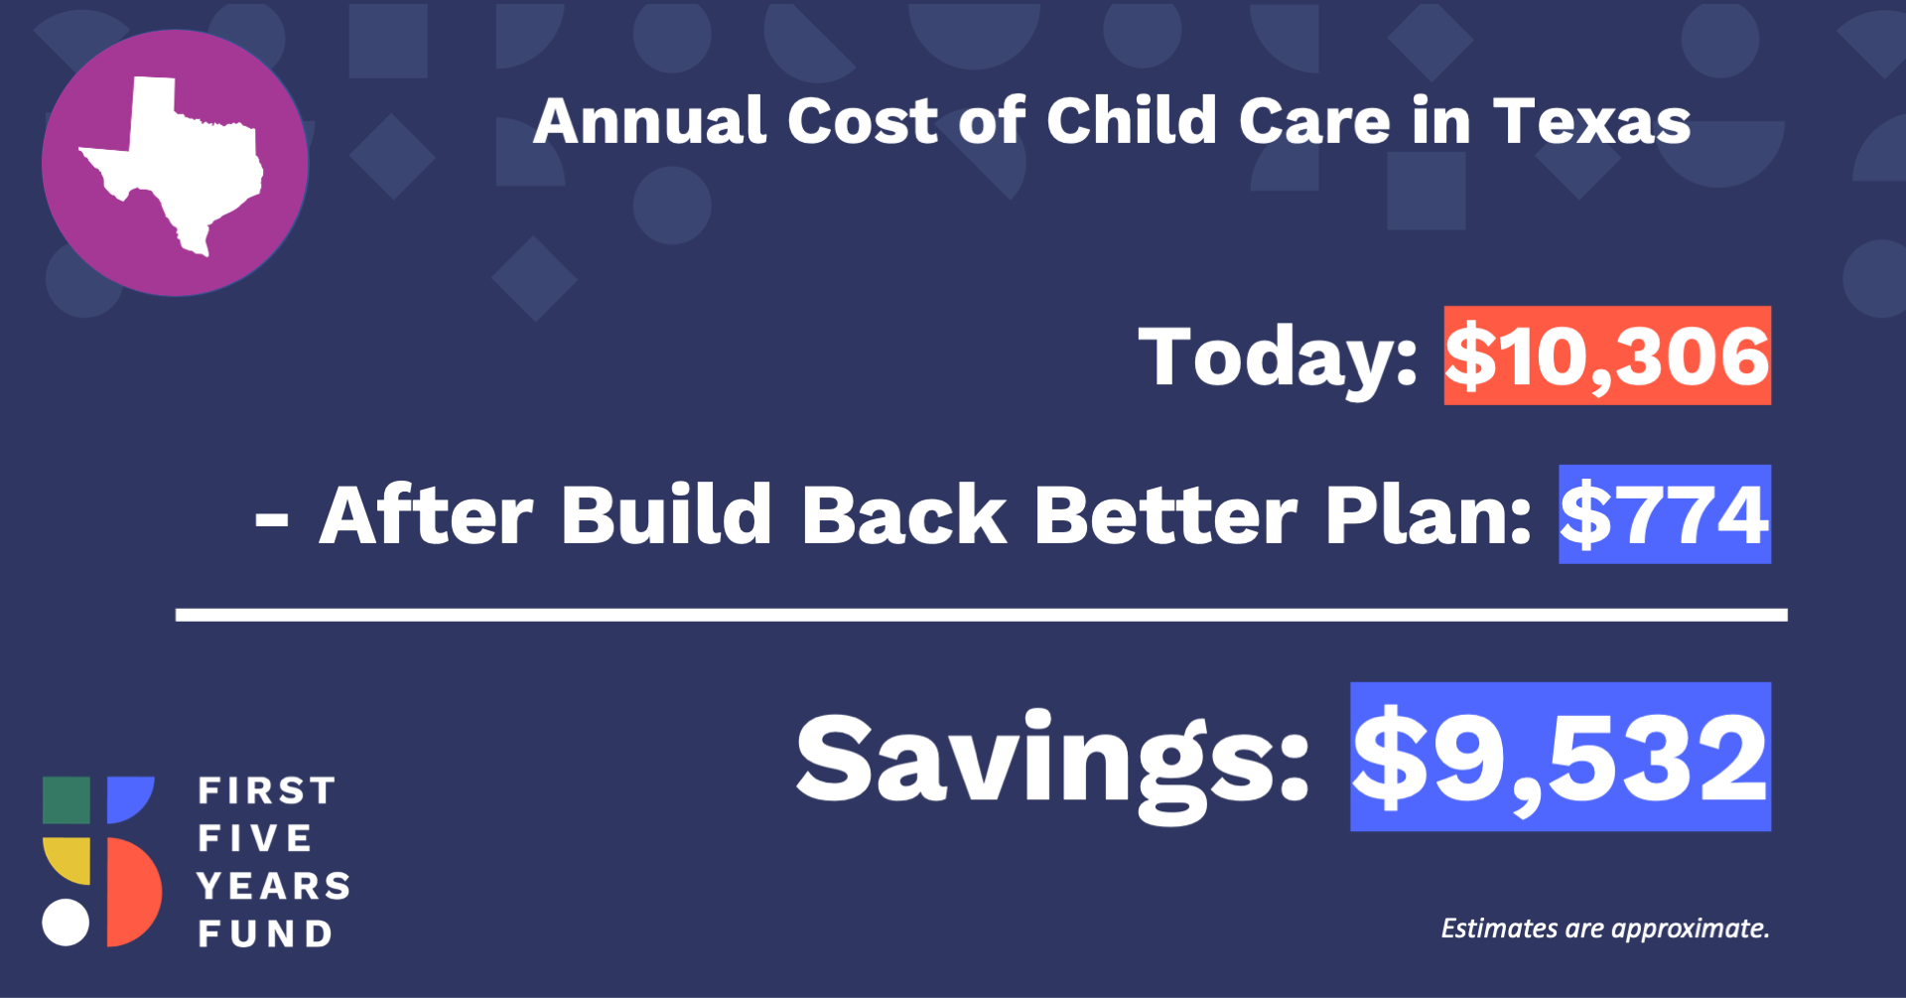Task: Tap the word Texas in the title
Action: (1592, 122)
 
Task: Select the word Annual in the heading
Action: (649, 122)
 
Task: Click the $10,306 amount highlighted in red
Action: (1607, 356)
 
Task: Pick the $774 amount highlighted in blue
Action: (1665, 514)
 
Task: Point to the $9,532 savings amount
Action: (1561, 757)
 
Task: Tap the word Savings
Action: (1053, 765)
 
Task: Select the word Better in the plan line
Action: (1165, 515)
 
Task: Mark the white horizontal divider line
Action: (982, 615)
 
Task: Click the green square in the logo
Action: (67, 800)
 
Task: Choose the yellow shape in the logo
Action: (67, 860)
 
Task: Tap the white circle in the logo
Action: (66, 923)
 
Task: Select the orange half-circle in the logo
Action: (133, 892)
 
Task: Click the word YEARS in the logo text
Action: (274, 886)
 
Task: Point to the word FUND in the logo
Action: (265, 933)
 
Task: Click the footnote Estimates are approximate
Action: (1605, 928)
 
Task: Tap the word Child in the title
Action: (1132, 121)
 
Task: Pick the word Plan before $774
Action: (1429, 515)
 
